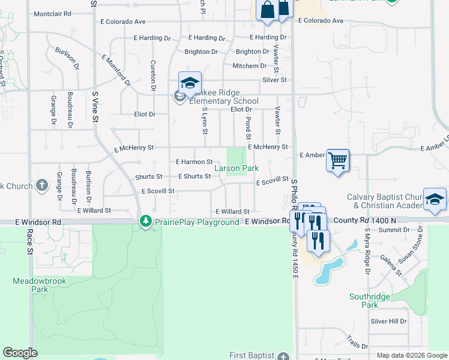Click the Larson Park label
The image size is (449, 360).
coord(237,169)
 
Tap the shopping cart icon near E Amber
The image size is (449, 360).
coord(338,160)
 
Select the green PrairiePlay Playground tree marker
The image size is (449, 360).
coord(145,221)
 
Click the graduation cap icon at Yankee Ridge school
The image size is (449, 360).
coord(190,83)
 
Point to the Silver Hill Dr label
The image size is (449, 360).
coord(388,321)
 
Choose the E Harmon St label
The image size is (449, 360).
coord(194,162)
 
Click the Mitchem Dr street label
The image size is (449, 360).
coord(250,66)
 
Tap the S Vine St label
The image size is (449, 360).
coord(95,106)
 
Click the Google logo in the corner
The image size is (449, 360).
coord(20,353)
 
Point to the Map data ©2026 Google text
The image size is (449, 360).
coord(412,355)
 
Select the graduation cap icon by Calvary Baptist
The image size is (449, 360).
coord(435,200)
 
